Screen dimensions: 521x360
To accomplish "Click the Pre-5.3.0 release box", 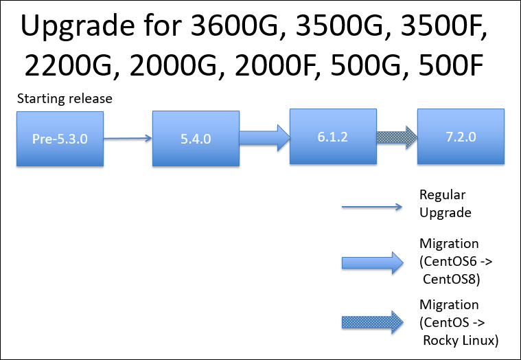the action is tap(60, 139).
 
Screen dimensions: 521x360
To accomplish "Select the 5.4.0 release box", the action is tap(196, 138).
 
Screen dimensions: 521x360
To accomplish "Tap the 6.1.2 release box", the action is tap(333, 136).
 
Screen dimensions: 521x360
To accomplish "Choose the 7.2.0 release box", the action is tap(461, 136).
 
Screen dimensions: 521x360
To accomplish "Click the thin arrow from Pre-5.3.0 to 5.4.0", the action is tap(128, 138).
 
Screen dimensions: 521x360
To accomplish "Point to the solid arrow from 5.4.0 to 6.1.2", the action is tap(265, 137).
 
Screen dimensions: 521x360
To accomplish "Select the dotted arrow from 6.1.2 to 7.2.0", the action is tap(397, 137).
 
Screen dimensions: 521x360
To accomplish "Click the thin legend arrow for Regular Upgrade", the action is tap(372, 207).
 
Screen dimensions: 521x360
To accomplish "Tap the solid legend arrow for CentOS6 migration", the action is tap(373, 263).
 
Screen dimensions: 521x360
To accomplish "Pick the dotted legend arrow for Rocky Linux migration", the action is tap(373, 322).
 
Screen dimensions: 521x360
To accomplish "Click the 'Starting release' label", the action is tap(65, 98).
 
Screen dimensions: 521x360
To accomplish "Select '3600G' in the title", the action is tap(234, 25).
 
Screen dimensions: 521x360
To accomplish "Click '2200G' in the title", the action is tap(68, 65).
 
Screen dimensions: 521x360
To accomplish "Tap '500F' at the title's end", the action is tap(451, 65).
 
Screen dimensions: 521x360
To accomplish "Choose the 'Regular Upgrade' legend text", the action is tap(445, 203).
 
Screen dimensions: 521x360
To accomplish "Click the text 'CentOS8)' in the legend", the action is tap(451, 279).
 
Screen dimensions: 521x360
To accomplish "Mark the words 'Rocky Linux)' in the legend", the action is tap(461, 340).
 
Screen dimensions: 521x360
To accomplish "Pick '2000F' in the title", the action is tap(275, 65).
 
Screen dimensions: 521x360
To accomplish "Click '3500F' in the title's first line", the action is tap(444, 25).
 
